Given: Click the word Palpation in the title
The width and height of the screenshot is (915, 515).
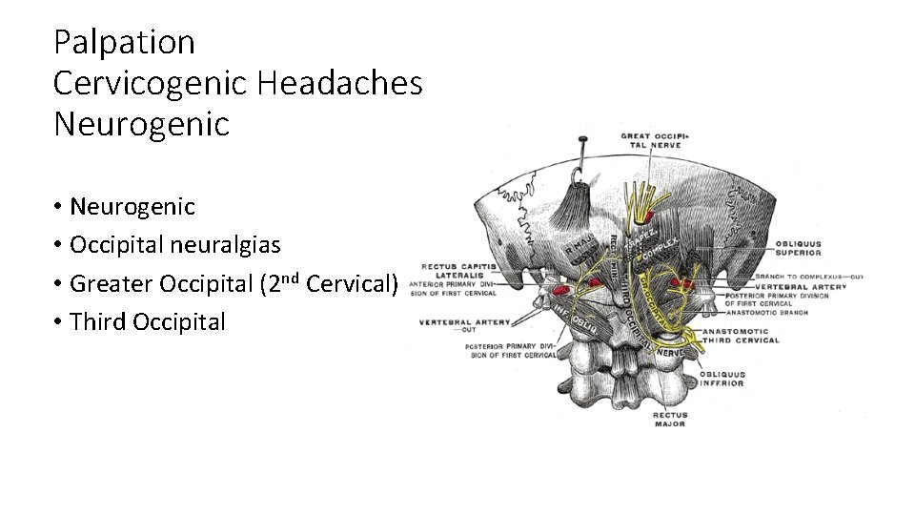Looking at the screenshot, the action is point(124,43).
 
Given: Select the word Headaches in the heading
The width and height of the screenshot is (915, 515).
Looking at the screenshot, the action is point(340,84).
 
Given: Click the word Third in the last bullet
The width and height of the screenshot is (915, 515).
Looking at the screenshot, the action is point(99,322).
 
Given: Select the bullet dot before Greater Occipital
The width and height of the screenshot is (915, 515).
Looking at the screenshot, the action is point(58,284).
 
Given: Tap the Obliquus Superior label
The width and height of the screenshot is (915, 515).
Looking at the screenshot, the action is point(799,248).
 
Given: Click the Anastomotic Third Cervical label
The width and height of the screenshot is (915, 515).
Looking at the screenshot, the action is point(741,336).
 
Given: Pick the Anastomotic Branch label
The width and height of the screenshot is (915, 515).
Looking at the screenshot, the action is point(766,312).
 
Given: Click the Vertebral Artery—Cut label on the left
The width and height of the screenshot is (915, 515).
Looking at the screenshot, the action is point(464,325).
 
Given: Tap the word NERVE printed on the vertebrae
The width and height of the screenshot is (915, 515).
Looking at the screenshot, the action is point(670,351).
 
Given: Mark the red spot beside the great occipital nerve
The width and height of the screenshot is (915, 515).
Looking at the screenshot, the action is point(681,283).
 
